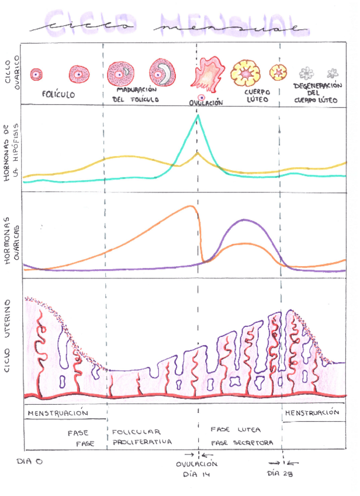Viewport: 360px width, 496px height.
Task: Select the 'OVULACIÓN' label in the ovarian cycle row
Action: tap(206, 103)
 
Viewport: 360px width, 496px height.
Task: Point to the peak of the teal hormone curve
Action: tap(198, 116)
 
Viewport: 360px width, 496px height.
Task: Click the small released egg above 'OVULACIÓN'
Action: tap(202, 96)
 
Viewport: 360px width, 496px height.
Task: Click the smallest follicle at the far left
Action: tap(37, 74)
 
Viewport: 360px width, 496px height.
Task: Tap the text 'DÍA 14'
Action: tap(196, 474)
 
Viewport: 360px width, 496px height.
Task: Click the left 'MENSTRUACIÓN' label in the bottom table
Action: tap(58, 413)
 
